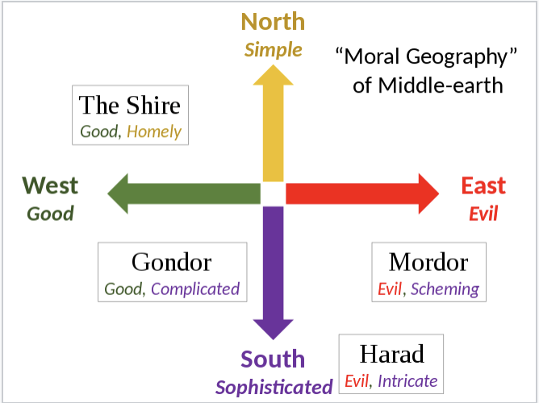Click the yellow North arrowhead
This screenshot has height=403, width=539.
click(x=274, y=75)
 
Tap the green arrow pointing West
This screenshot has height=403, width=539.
click(x=184, y=193)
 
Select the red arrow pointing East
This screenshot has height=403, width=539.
click(x=362, y=193)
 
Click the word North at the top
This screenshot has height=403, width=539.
click(x=273, y=22)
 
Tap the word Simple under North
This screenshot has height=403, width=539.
click(x=274, y=50)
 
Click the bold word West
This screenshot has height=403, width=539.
click(x=50, y=185)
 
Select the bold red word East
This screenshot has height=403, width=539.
click(x=483, y=185)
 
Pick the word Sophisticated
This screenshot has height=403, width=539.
click(x=274, y=387)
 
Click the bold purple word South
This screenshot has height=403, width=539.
click(x=273, y=359)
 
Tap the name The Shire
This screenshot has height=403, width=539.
click(x=130, y=105)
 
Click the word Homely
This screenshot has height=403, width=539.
click(x=154, y=132)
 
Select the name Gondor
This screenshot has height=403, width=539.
click(x=172, y=262)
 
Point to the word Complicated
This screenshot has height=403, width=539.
click(x=195, y=289)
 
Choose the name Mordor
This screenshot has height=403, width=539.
click(x=428, y=262)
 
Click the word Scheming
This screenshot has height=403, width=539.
click(x=445, y=289)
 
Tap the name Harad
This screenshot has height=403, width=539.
click(x=392, y=354)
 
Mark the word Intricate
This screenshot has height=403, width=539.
click(x=407, y=381)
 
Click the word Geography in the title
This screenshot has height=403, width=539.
click(x=457, y=56)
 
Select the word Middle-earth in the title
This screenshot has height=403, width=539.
click(x=441, y=85)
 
